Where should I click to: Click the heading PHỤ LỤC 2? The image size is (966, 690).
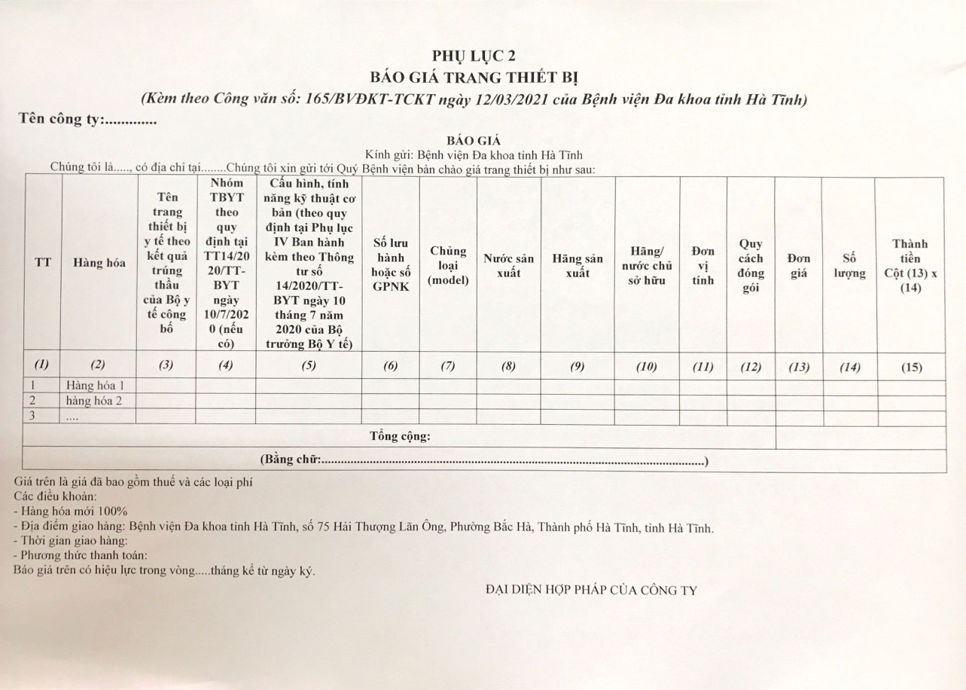click(x=474, y=56)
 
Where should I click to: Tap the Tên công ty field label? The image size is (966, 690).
click(x=60, y=119)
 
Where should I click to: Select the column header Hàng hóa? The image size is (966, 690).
click(x=98, y=263)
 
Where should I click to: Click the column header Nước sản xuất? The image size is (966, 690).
click(x=508, y=265)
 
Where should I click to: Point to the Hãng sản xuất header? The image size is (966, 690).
click(x=577, y=265)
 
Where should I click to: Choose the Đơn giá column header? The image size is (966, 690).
click(x=799, y=265)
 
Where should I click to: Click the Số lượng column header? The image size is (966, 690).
click(x=849, y=265)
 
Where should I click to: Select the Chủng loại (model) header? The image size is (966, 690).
click(x=448, y=265)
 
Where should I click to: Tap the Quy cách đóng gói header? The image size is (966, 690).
click(x=751, y=266)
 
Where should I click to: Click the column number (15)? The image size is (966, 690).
click(x=911, y=368)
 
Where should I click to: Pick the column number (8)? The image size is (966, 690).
click(x=508, y=367)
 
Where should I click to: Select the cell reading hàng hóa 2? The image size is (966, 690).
click(x=94, y=401)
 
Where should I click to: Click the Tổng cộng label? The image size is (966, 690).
click(x=400, y=436)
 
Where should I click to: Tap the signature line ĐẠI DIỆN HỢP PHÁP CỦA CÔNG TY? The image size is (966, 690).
click(x=591, y=590)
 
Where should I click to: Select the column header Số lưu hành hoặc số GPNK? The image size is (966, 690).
click(x=390, y=264)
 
